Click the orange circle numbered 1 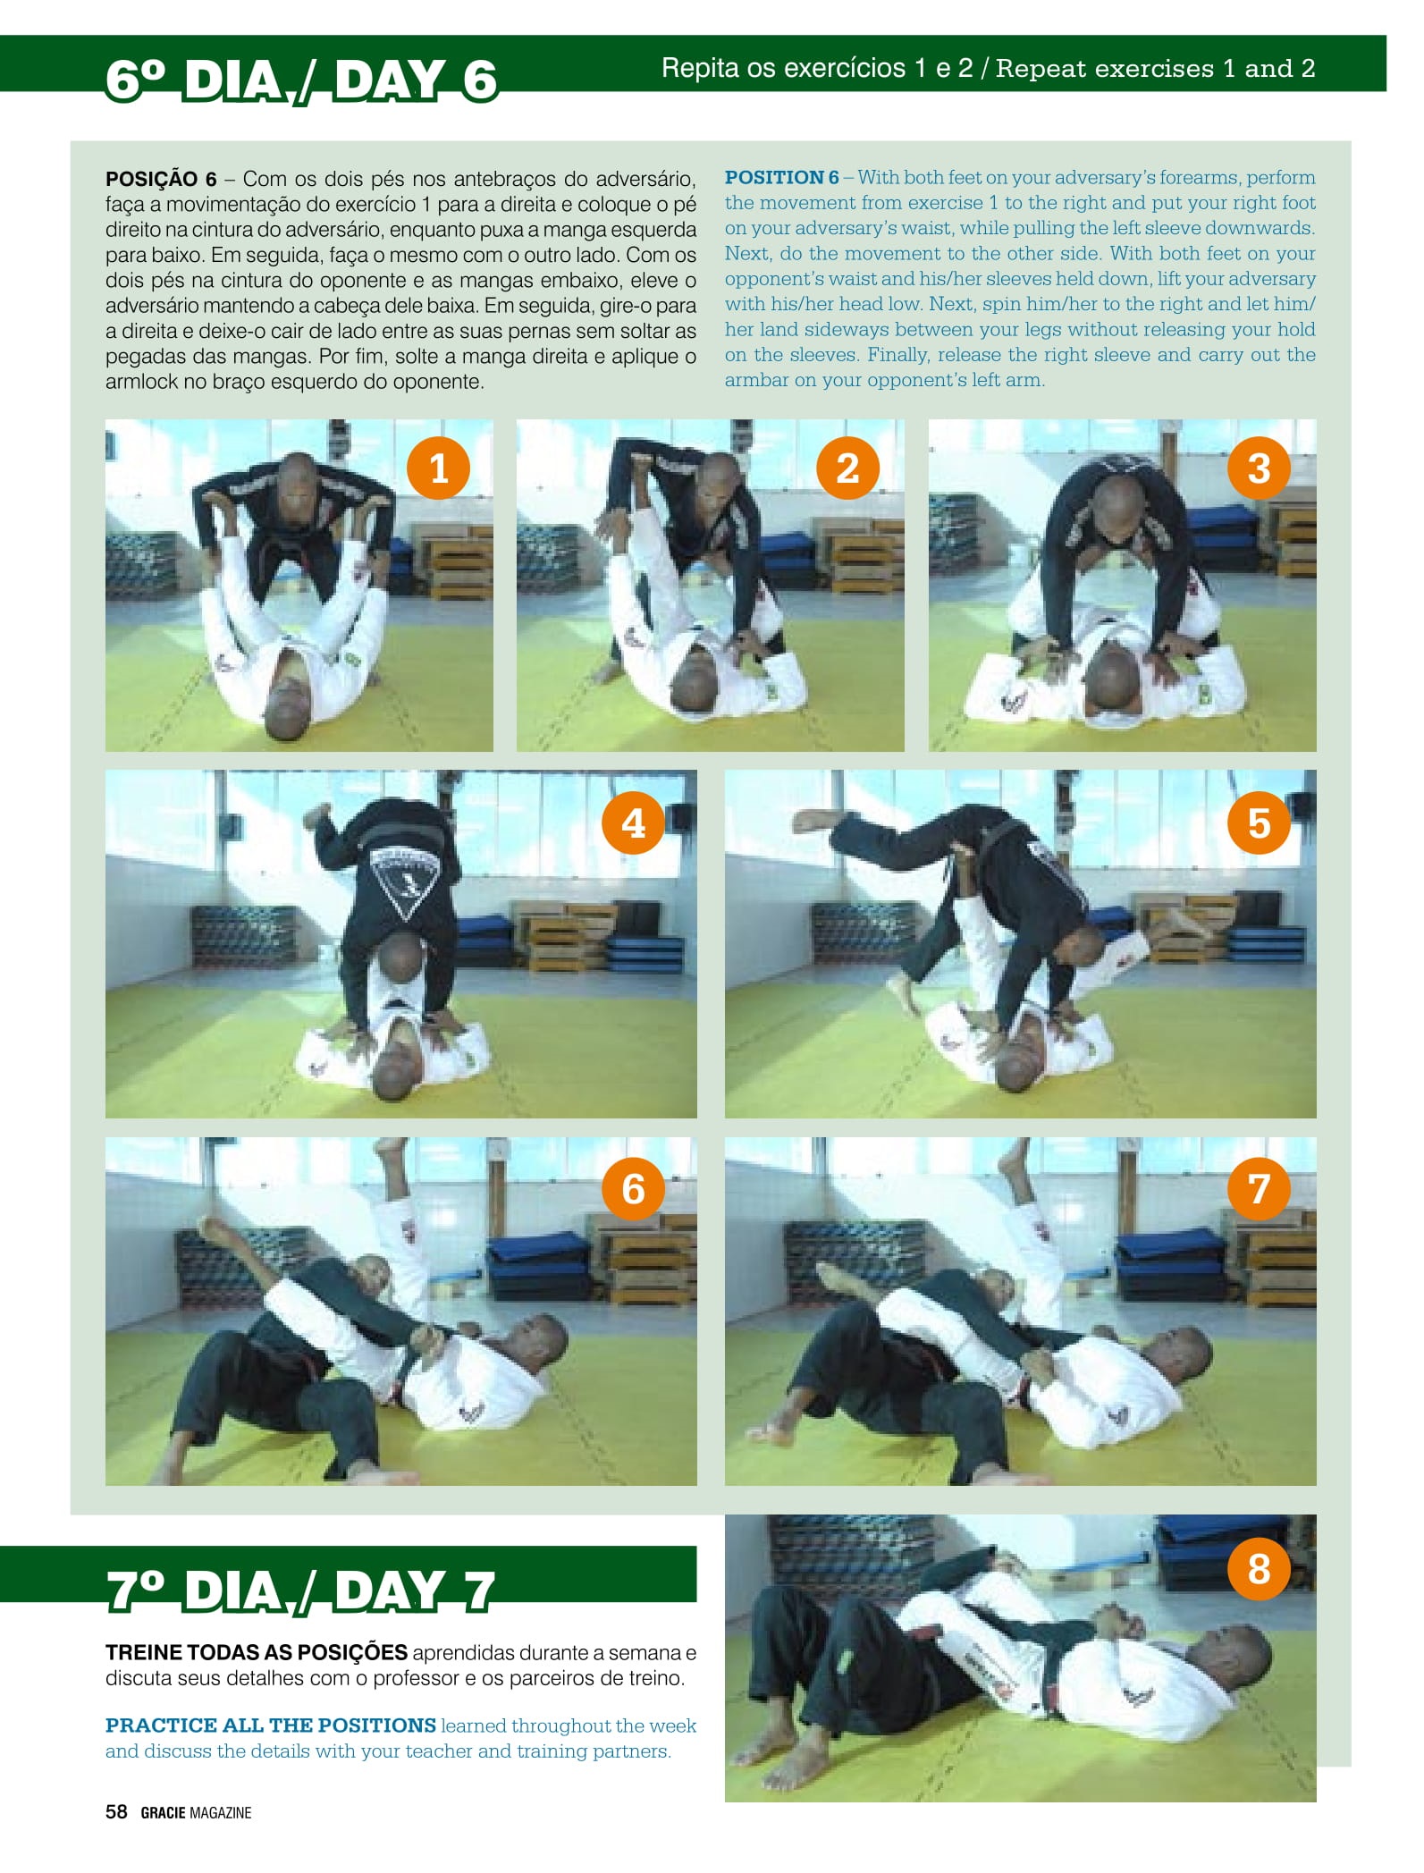438,468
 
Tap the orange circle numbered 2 847,468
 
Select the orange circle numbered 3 1259,468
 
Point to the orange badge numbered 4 634,823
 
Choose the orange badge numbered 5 1259,823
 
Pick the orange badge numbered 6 634,1189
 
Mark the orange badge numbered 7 1259,1189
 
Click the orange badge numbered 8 1259,1568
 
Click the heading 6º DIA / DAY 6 301,80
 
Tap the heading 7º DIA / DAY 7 300,1591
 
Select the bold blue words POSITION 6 782,177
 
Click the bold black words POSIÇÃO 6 161,179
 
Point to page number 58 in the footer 116,1812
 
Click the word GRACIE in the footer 164,1813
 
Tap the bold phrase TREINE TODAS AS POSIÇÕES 257,1652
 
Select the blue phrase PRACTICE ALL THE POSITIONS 271,1725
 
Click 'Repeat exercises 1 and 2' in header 1155,69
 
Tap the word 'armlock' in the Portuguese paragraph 141,382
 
